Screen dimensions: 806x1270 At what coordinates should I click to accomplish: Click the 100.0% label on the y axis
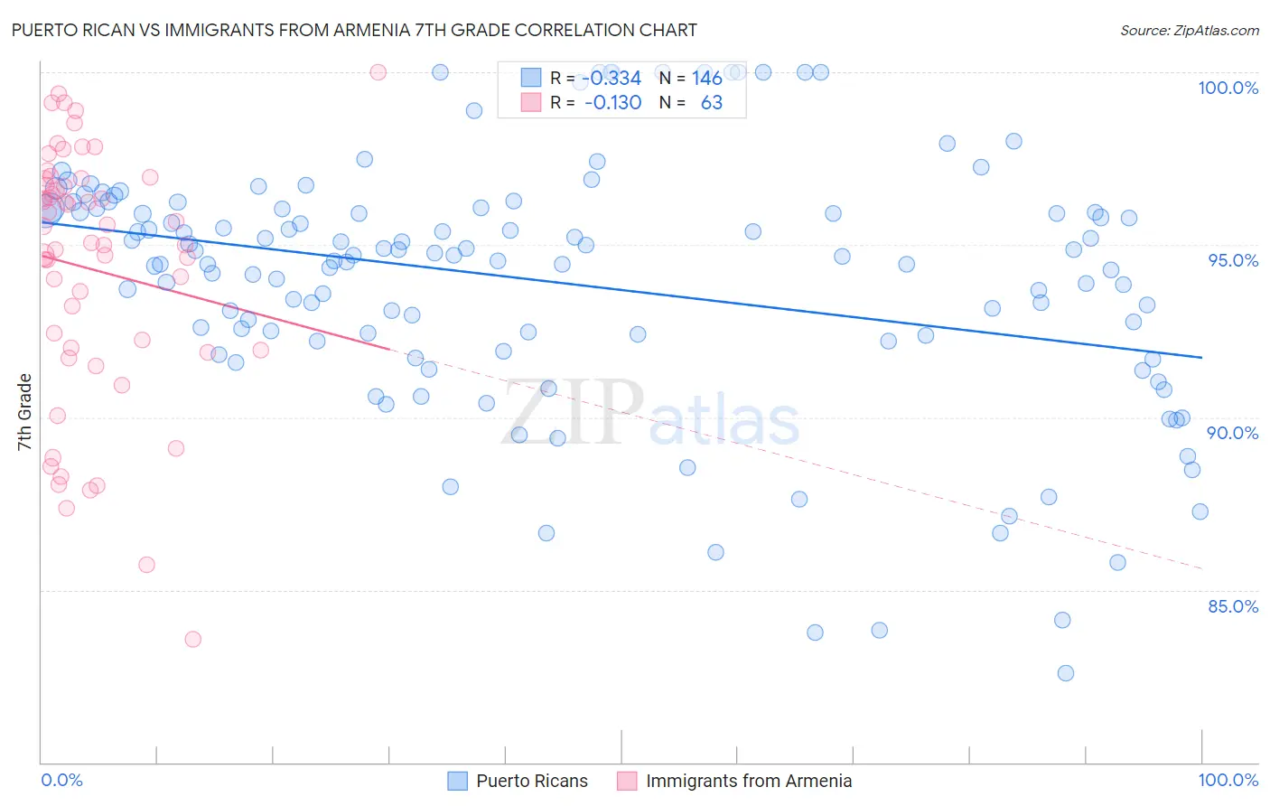(1228, 88)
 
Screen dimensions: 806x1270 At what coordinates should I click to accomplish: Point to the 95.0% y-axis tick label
(1233, 260)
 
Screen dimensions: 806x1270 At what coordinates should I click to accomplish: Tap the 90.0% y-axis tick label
(1233, 433)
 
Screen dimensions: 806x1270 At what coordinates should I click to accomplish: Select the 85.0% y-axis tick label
(1233, 606)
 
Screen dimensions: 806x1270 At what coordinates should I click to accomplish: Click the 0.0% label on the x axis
(61, 780)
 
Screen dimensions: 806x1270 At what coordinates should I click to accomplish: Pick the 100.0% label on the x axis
(1228, 780)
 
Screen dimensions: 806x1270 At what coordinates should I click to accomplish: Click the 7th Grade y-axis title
(24, 412)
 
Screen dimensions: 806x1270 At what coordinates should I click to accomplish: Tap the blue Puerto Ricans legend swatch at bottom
(458, 781)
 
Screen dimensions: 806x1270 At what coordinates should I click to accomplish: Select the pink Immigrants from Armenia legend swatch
(627, 781)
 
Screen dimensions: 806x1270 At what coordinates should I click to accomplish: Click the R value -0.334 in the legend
(612, 79)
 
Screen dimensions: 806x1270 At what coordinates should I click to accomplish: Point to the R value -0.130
(612, 103)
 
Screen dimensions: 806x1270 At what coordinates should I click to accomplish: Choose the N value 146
(707, 79)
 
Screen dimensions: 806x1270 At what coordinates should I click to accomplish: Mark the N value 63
(712, 103)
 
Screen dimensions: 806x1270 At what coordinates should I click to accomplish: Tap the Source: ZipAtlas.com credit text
(1189, 31)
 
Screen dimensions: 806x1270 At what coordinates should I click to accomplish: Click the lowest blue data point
(1066, 673)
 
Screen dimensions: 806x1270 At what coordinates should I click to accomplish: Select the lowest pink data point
(192, 640)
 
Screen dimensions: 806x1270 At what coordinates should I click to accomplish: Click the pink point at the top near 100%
(378, 72)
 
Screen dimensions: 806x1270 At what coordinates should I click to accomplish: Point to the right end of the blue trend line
(1201, 358)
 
